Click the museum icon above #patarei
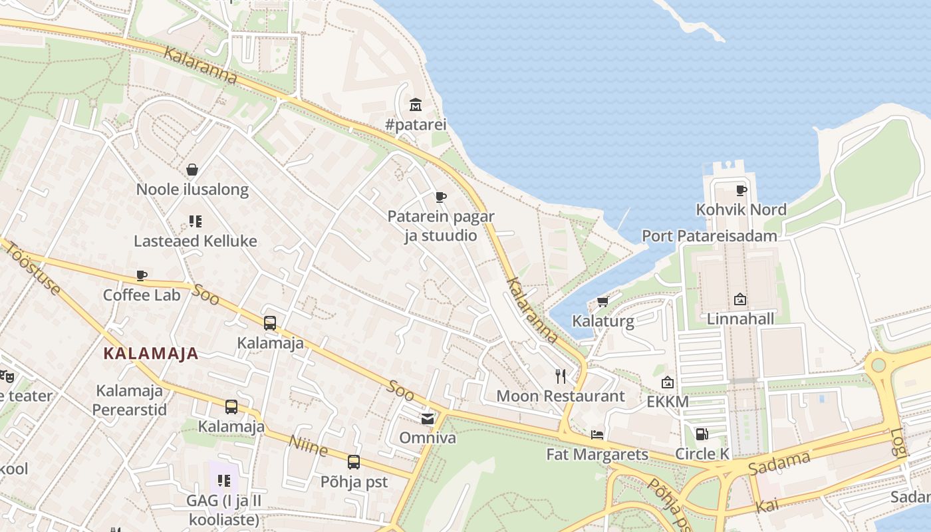pyautogui.click(x=416, y=104)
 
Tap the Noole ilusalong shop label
pyautogui.click(x=192, y=190)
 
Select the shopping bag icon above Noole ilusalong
pyautogui.click(x=192, y=170)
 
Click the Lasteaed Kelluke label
pyautogui.click(x=196, y=241)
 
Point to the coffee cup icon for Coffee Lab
pyautogui.click(x=141, y=275)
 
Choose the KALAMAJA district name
pyautogui.click(x=152, y=354)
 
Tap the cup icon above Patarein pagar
pyautogui.click(x=440, y=197)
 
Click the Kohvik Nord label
pyautogui.click(x=741, y=209)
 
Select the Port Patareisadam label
pyautogui.click(x=709, y=236)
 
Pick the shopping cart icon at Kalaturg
pyautogui.click(x=602, y=302)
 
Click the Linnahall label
pyautogui.click(x=740, y=319)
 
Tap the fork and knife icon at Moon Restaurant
pyautogui.click(x=561, y=376)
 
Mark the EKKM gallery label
pyautogui.click(x=668, y=402)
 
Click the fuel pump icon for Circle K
pyautogui.click(x=702, y=434)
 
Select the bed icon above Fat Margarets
pyautogui.click(x=597, y=435)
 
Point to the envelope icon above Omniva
pyautogui.click(x=427, y=418)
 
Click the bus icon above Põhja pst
pyautogui.click(x=354, y=462)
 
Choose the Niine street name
pyautogui.click(x=309, y=446)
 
